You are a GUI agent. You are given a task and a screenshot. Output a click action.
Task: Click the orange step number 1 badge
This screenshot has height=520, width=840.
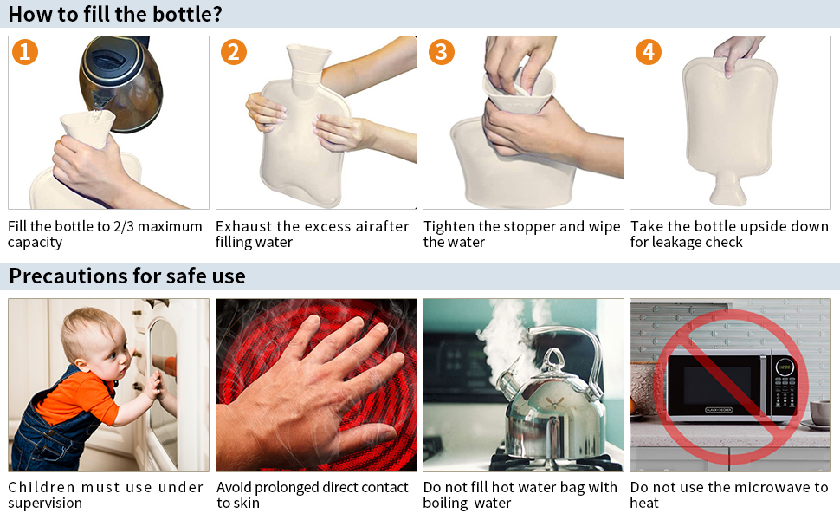25,52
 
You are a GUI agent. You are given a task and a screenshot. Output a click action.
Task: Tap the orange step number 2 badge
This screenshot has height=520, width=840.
233,52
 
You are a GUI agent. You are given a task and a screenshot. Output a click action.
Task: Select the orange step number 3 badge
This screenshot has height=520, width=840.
440,52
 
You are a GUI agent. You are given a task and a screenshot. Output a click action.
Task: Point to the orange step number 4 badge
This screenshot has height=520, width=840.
648,52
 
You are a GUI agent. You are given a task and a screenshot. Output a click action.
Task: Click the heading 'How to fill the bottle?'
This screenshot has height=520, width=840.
115,14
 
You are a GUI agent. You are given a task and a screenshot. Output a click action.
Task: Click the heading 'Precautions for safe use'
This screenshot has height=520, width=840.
127,276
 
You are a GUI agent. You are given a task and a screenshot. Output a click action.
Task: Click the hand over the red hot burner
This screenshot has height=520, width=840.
312,381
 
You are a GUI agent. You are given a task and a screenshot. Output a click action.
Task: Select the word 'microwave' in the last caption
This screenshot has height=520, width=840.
768,487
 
